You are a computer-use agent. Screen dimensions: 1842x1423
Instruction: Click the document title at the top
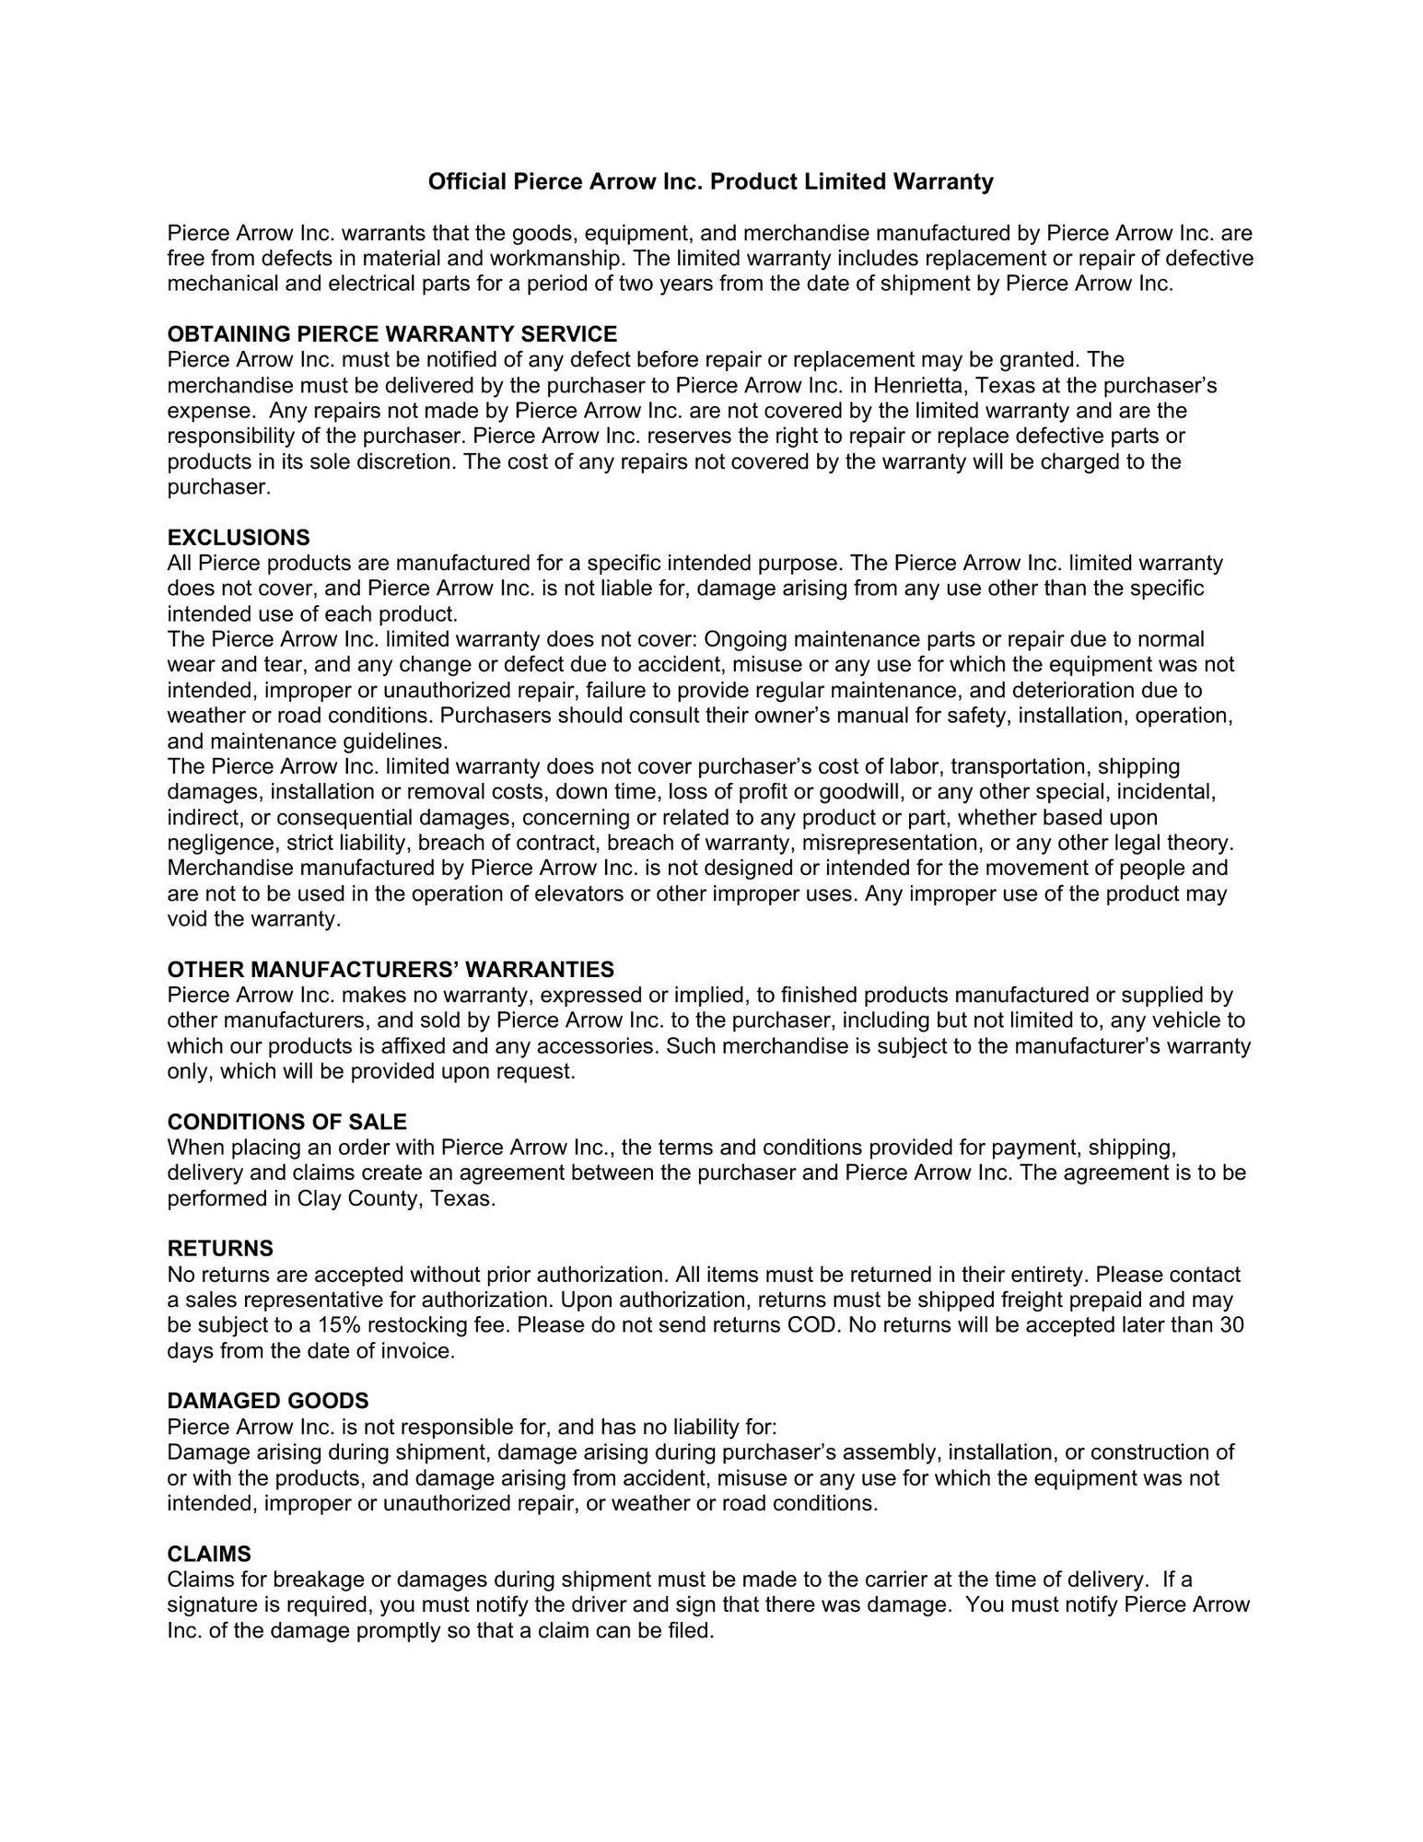pyautogui.click(x=710, y=181)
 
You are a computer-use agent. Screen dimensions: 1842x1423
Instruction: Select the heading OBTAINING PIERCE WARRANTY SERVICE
pyautogui.click(x=392, y=333)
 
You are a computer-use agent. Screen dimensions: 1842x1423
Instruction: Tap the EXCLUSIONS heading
pyautogui.click(x=239, y=537)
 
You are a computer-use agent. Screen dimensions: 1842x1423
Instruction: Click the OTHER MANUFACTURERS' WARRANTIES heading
pyautogui.click(x=391, y=969)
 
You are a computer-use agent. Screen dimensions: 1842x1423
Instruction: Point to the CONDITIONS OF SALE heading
pyautogui.click(x=286, y=1122)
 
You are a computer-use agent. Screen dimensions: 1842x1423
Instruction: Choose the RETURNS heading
pyautogui.click(x=220, y=1249)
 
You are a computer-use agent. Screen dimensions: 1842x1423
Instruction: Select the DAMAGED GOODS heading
pyautogui.click(x=268, y=1401)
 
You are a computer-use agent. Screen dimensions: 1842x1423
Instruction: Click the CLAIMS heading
pyautogui.click(x=209, y=1554)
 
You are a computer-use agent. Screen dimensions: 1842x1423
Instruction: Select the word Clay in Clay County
pyautogui.click(x=318, y=1199)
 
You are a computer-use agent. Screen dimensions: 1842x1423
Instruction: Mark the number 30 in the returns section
pyautogui.click(x=1231, y=1325)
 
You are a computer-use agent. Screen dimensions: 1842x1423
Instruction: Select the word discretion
pyautogui.click(x=407, y=461)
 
